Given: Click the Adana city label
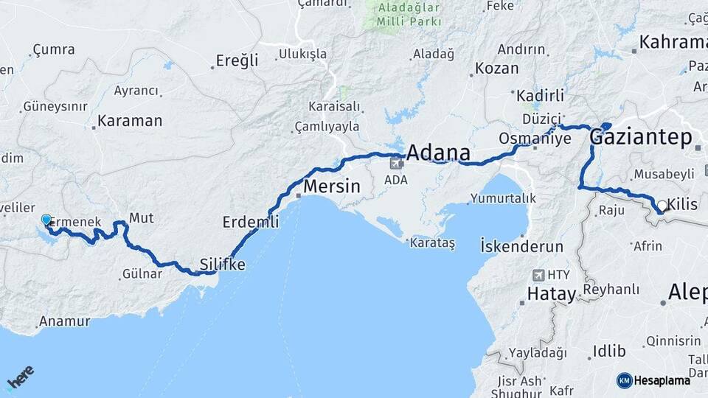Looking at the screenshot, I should pos(438,153).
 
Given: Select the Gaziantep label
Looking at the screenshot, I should pos(642,137).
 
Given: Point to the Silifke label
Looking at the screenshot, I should pos(223,264).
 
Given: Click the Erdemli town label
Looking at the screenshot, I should pos(251,221).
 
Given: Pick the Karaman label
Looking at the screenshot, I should pos(130,121).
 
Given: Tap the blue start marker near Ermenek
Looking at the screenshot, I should pos(46,220).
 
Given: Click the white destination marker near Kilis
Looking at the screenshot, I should pos(662,207).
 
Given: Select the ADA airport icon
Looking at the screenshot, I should pos(397,163).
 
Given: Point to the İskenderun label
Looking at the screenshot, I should pos(521,246).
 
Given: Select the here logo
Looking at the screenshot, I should pos(21,376).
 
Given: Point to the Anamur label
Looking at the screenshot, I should pos(64,321).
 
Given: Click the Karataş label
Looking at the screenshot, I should pos(434,242).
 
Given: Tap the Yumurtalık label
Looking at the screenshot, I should pos(503,198).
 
